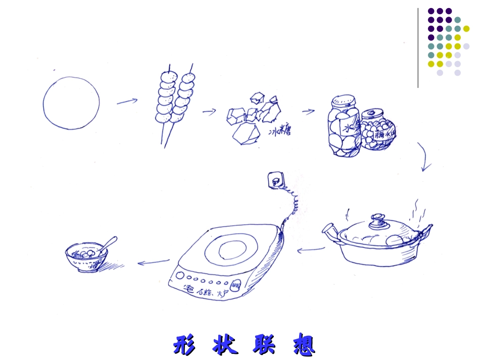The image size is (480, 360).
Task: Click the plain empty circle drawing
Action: tap(71, 103)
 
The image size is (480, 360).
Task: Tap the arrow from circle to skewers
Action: tap(127, 101)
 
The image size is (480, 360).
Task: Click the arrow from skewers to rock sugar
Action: tap(209, 111)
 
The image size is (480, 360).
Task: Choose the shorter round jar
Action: tap(376, 130)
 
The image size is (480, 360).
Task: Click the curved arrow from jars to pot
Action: tap(425, 157)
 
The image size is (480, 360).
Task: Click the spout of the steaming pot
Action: tap(330, 231)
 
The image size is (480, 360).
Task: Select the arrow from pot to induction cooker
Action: tap(310, 249)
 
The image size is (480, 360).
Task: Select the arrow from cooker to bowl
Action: tap(154, 262)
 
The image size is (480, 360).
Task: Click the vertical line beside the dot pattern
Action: tap(418, 48)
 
